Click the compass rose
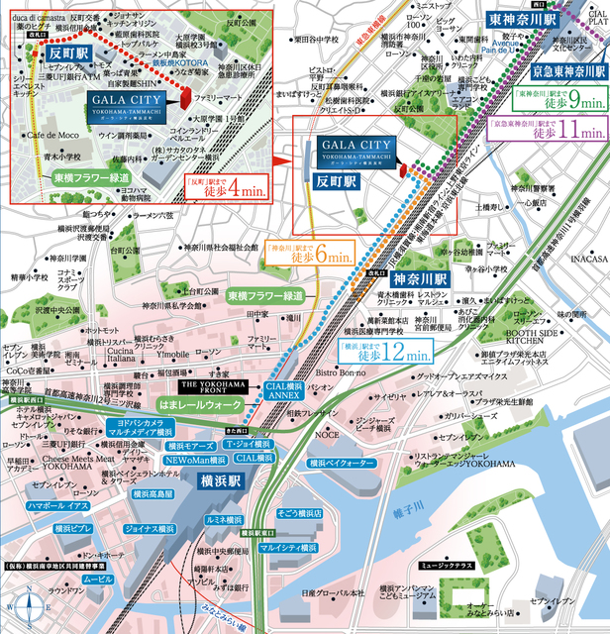pos(29,603)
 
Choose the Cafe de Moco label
pos(49,135)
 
